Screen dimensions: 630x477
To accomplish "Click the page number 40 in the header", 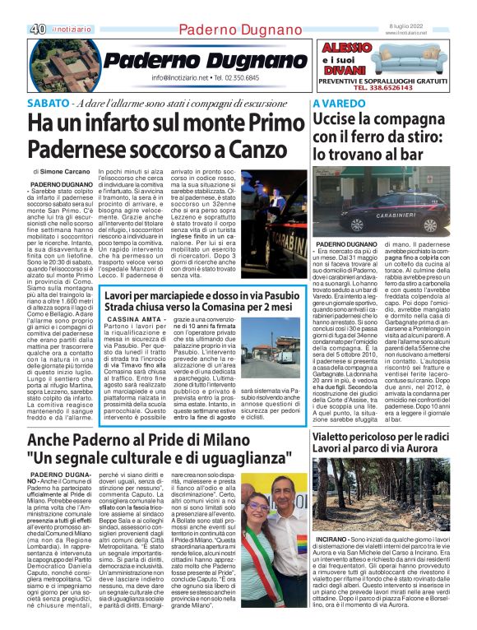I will pyautogui.click(x=38, y=29).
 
